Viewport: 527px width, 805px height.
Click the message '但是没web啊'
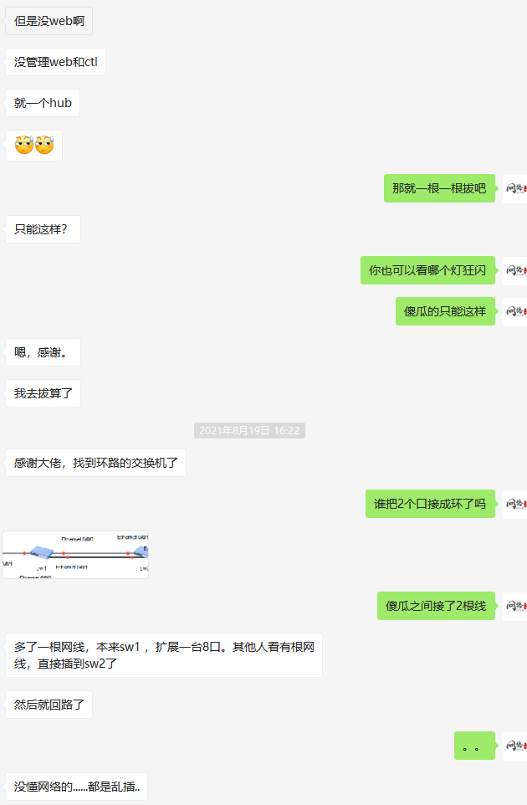[x=49, y=21]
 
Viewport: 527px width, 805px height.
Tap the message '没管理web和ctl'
[x=55, y=62]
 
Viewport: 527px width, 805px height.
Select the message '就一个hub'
[x=43, y=104]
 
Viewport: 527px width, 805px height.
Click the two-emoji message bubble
[x=33, y=146]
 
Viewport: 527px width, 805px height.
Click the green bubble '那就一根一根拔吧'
[x=439, y=188]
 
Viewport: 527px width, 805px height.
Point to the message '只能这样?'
[x=42, y=228]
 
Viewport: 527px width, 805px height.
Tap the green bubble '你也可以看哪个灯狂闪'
[x=427, y=270]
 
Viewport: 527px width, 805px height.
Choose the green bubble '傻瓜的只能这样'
[x=445, y=311]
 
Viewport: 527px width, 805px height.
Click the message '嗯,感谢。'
[x=43, y=352]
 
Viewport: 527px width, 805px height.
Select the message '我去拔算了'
[x=43, y=393]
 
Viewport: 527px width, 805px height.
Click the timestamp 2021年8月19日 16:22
[x=249, y=431]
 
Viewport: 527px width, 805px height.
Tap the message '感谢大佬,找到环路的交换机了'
[x=95, y=462]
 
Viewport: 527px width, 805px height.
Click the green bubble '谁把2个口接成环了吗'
[x=430, y=504]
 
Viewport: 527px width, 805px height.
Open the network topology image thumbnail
[x=75, y=555]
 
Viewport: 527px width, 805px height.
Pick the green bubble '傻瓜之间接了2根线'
[x=436, y=606]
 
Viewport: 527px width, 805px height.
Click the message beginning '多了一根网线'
[x=163, y=655]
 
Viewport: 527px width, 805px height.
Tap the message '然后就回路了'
[x=49, y=705]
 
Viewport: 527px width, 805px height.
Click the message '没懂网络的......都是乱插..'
[x=76, y=787]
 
